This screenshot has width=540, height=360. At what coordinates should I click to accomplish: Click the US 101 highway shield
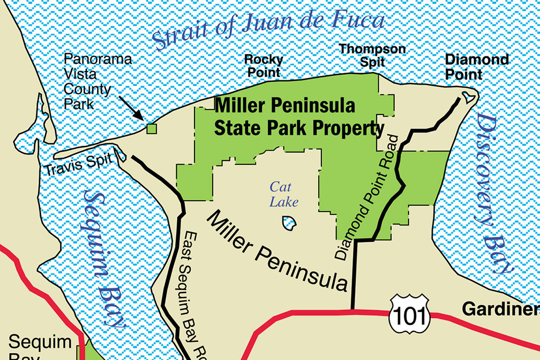[x=409, y=314]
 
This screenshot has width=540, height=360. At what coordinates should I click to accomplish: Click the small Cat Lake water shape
[x=289, y=223]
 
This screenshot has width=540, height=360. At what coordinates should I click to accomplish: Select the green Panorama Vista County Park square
[x=152, y=129]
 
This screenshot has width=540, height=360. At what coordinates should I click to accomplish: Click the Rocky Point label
[x=263, y=66]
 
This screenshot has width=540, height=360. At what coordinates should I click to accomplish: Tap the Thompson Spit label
[x=372, y=55]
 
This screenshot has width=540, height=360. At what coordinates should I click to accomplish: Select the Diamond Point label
[x=476, y=67]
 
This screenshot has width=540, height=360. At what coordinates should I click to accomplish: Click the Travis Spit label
[x=79, y=165]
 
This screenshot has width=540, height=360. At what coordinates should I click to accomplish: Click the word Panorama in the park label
[x=98, y=59]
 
